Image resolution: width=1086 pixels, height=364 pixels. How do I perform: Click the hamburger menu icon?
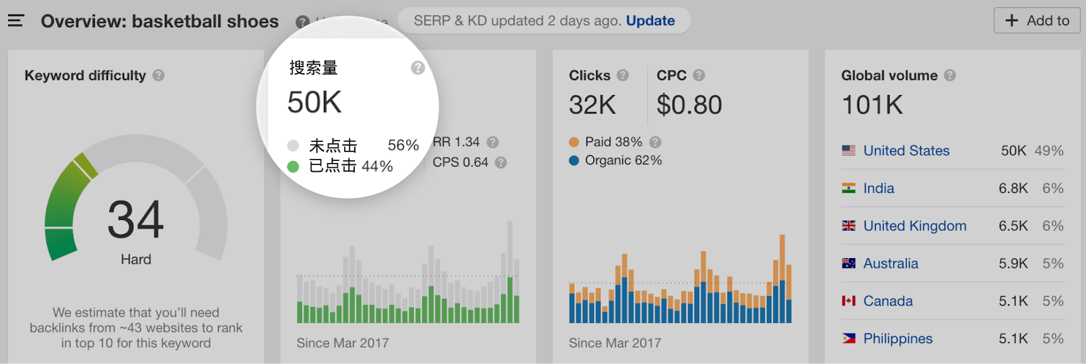pyautogui.click(x=16, y=21)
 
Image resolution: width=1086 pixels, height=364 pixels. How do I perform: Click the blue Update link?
pyautogui.click(x=650, y=21)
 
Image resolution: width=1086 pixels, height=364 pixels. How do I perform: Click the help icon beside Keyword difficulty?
pyautogui.click(x=158, y=75)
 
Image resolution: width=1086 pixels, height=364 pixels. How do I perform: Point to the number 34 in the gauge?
pyautogui.click(x=136, y=219)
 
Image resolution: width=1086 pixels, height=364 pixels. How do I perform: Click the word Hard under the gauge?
pyautogui.click(x=136, y=259)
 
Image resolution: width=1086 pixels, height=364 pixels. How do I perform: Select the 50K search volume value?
pyautogui.click(x=314, y=103)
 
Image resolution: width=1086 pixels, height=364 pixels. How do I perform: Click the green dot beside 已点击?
pyautogui.click(x=293, y=166)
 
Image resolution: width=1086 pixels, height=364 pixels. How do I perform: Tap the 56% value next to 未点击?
pyautogui.click(x=402, y=145)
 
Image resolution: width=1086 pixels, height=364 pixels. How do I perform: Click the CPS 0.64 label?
pyautogui.click(x=460, y=162)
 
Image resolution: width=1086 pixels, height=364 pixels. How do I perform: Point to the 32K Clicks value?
pyautogui.click(x=592, y=105)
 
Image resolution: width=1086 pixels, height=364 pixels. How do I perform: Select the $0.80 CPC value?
pyautogui.click(x=689, y=105)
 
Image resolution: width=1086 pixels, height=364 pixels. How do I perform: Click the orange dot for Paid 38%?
pyautogui.click(x=574, y=142)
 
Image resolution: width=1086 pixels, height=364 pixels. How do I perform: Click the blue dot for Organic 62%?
pyautogui.click(x=574, y=161)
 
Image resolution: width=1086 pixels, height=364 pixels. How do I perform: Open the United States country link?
pyautogui.click(x=906, y=151)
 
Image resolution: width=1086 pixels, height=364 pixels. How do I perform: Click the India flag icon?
pyautogui.click(x=848, y=188)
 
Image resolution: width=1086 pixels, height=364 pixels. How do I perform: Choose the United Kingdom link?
pyautogui.click(x=914, y=226)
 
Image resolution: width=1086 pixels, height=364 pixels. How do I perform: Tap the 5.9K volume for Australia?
pyautogui.click(x=1013, y=263)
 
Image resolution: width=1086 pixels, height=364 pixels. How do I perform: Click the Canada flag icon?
pyautogui.click(x=848, y=301)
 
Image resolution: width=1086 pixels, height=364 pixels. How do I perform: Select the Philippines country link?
pyautogui.click(x=897, y=339)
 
